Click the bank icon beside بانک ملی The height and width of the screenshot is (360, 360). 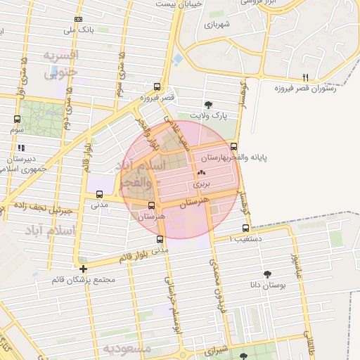pos(78,19)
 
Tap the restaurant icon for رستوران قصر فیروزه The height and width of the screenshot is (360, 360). pos(305,77)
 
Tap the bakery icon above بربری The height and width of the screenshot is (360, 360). pos(201,172)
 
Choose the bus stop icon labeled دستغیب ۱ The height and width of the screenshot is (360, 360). pos(245,228)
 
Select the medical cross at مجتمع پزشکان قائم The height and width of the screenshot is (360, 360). pos(84,269)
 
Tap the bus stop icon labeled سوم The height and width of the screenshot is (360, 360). pos(17,119)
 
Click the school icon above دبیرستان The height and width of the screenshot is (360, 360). pos(21,148)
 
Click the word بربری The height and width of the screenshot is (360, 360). pos(201,184)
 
